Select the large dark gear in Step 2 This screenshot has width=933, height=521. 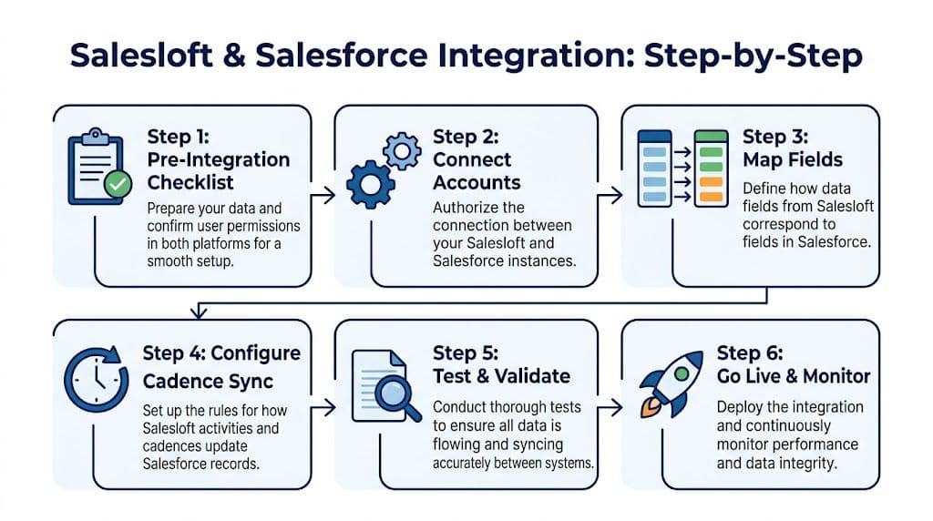click(x=371, y=186)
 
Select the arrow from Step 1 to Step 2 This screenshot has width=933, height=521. click(x=321, y=193)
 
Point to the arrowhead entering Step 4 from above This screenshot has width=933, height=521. click(x=194, y=313)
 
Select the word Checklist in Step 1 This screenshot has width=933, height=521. click(x=191, y=182)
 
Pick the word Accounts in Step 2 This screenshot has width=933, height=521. click(x=477, y=182)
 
